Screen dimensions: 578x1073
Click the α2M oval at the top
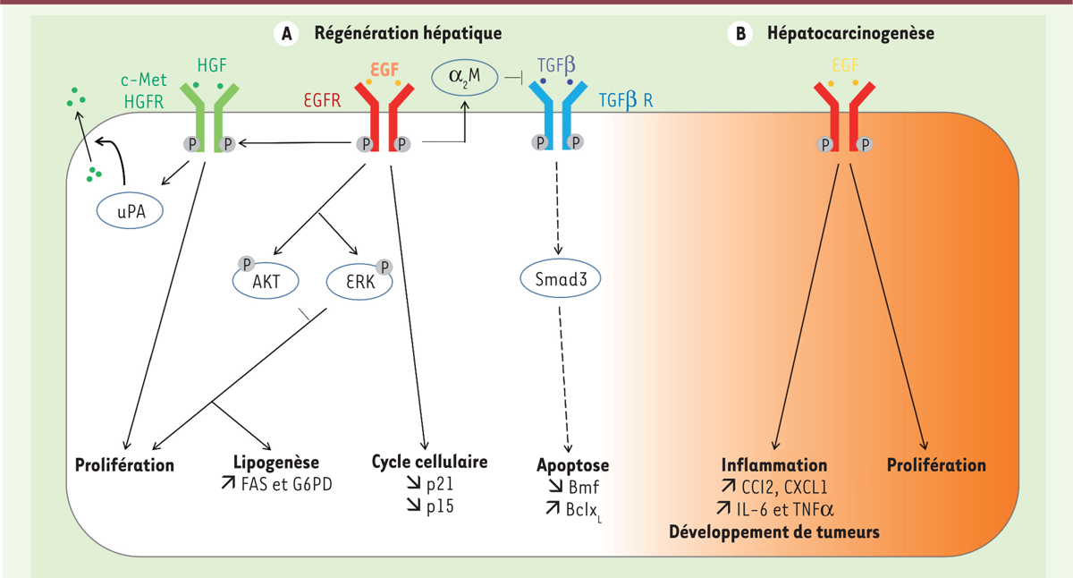click(x=463, y=73)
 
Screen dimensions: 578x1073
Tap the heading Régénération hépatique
click(x=407, y=33)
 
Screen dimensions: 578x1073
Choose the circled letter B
click(x=739, y=33)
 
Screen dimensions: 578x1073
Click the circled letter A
click(x=285, y=33)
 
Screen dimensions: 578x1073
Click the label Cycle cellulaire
click(x=429, y=463)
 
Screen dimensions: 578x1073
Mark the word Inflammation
click(x=774, y=465)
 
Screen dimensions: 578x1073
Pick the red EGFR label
click(x=319, y=99)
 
